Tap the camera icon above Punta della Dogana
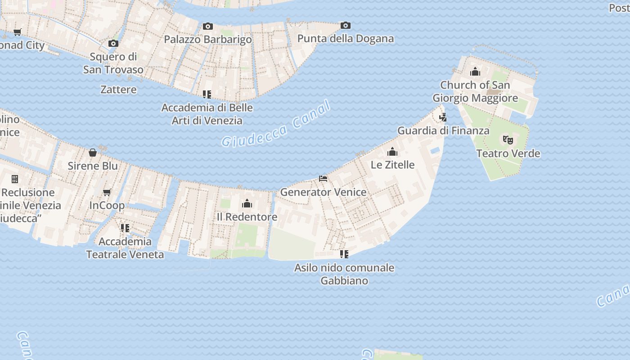click(345, 26)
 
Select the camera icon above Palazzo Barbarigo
click(207, 27)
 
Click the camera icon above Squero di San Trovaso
click(113, 44)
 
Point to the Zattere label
click(118, 90)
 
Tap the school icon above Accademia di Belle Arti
click(207, 94)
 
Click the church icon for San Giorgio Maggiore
click(475, 72)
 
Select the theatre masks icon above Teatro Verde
click(508, 140)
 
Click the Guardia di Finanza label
click(443, 131)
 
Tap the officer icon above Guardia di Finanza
click(443, 117)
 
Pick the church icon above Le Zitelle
click(392, 152)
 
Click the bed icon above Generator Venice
click(323, 179)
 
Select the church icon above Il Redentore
click(247, 204)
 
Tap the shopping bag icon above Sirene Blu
click(93, 153)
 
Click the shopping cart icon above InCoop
click(107, 193)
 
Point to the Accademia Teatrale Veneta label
click(125, 248)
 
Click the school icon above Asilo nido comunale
click(344, 254)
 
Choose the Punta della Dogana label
click(346, 39)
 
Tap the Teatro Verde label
click(508, 153)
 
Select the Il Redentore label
click(247, 217)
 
